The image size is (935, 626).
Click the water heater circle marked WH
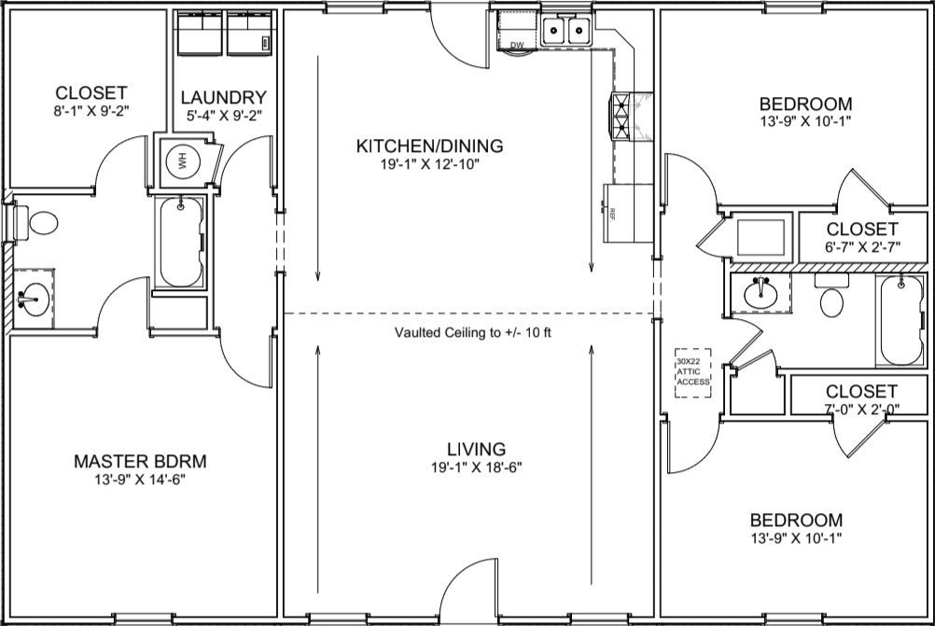coord(182,160)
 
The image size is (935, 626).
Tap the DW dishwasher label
coord(517,46)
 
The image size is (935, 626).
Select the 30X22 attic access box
coord(693,372)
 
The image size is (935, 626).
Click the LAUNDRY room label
coord(224,97)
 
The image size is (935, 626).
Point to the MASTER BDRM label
coord(140,462)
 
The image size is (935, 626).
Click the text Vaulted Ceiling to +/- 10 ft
coord(473,333)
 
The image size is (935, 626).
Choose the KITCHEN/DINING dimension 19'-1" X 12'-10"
coord(430,164)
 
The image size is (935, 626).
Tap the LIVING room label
coord(477,449)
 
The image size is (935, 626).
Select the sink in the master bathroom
coord(34,299)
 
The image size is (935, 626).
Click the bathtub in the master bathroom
coord(181,243)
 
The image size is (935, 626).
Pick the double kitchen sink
coord(565,30)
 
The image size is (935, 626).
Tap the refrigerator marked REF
coord(628,213)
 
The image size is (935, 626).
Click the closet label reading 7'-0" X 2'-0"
coord(861,409)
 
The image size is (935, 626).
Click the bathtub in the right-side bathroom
coord(901,320)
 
